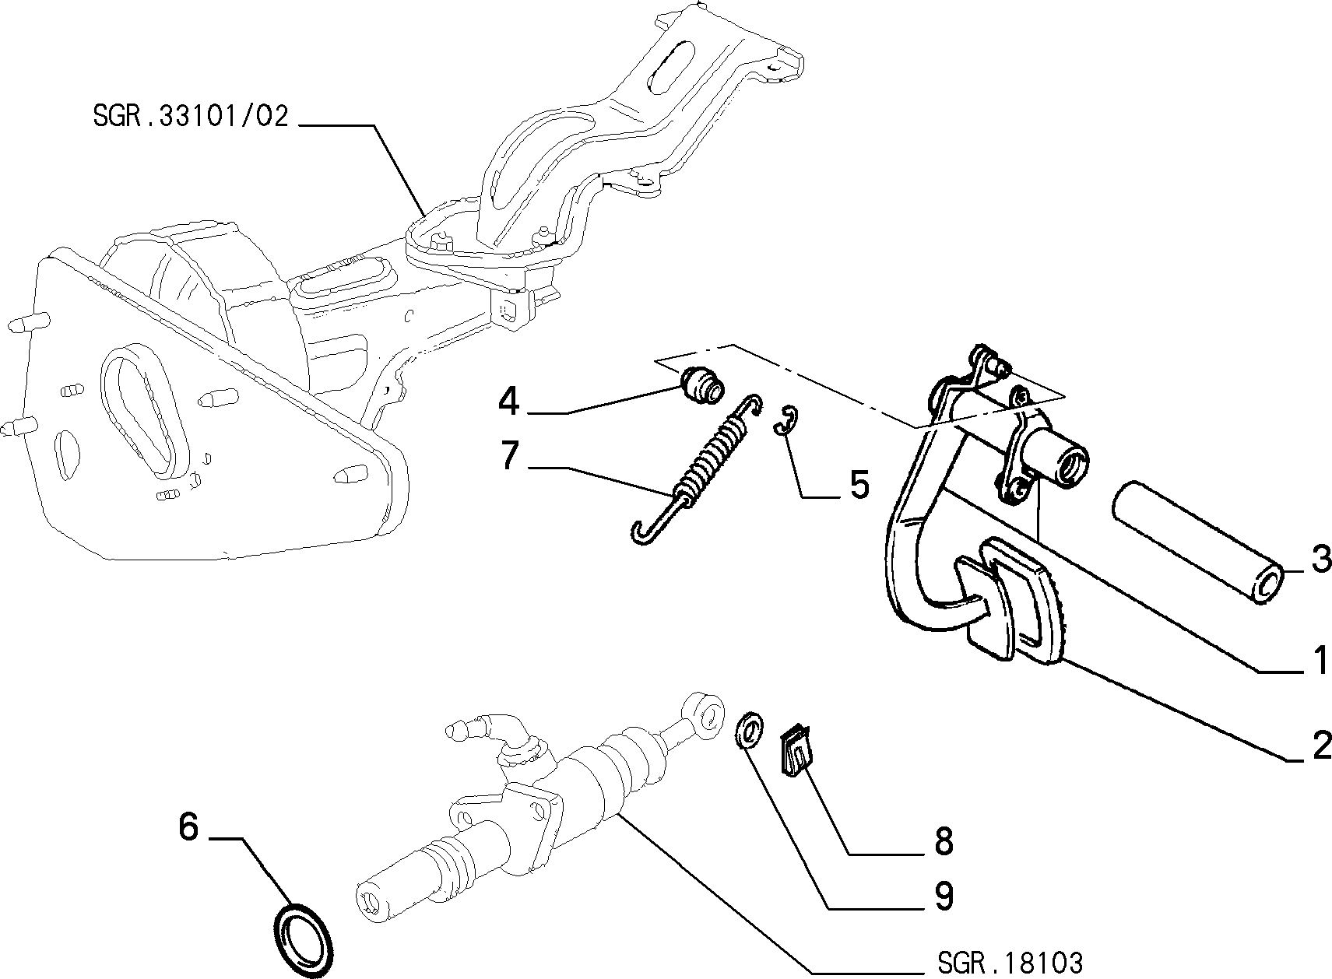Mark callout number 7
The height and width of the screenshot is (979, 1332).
pos(510,456)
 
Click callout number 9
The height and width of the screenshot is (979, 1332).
pos(944,896)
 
